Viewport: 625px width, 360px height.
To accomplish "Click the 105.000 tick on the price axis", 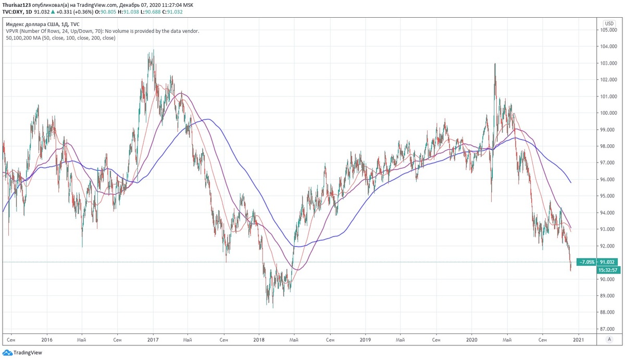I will pyautogui.click(x=608, y=30).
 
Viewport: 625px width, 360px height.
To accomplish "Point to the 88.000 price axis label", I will pyautogui.click(x=608, y=312).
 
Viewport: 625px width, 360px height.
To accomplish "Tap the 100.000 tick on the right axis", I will pyautogui.click(x=608, y=113).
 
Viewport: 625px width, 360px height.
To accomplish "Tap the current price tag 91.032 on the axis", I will pyautogui.click(x=608, y=262).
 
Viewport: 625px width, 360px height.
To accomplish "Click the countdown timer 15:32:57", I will pyautogui.click(x=608, y=270).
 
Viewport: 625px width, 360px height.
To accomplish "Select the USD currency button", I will pyautogui.click(x=608, y=23).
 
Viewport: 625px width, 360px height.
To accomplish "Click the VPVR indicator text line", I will pyautogui.click(x=102, y=31).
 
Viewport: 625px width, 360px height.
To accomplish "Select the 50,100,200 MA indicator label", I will pyautogui.click(x=60, y=38).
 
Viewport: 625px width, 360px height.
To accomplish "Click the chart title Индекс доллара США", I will pyautogui.click(x=33, y=24).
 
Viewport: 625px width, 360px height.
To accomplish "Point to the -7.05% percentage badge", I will pyautogui.click(x=587, y=262).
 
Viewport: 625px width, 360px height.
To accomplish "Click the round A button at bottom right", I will pyautogui.click(x=608, y=339).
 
